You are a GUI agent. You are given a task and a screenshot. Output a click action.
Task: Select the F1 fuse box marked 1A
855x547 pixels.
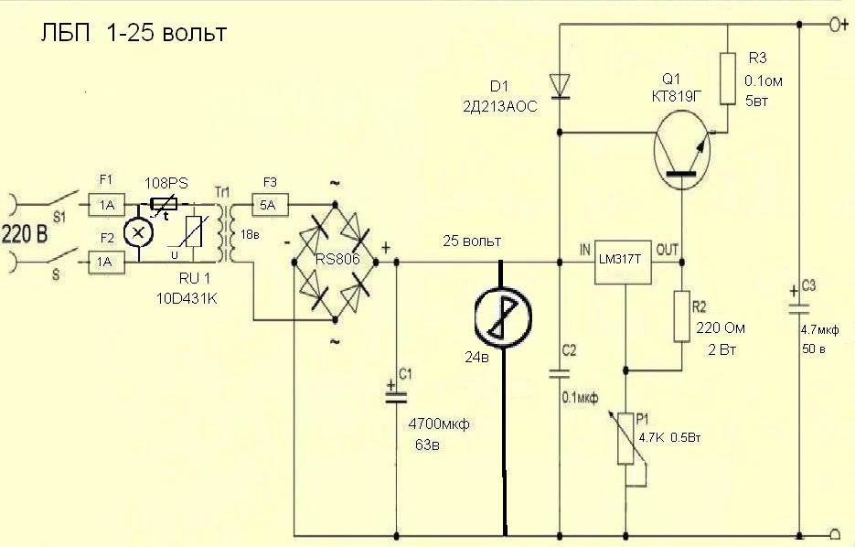coord(106,205)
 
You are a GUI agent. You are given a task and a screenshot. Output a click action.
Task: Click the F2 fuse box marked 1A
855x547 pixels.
coord(106,262)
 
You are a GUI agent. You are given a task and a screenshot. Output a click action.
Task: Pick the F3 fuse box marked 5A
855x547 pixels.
coord(269,205)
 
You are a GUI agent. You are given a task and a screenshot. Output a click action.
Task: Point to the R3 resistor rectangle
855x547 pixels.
coord(728,79)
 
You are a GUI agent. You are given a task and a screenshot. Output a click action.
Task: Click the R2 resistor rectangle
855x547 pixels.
coord(681,316)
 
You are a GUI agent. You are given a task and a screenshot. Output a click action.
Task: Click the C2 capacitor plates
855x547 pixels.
coord(560,373)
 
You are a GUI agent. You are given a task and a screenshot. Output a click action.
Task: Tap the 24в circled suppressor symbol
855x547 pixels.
coord(503,317)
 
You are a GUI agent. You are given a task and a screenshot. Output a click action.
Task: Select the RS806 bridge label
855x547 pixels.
coord(338,260)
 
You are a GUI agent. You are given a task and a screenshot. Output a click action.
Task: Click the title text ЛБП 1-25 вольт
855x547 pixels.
coord(133,33)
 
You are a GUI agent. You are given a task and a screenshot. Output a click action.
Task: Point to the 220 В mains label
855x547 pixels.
coord(25,234)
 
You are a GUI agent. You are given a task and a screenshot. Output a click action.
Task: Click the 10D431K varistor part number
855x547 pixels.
coord(187,298)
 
